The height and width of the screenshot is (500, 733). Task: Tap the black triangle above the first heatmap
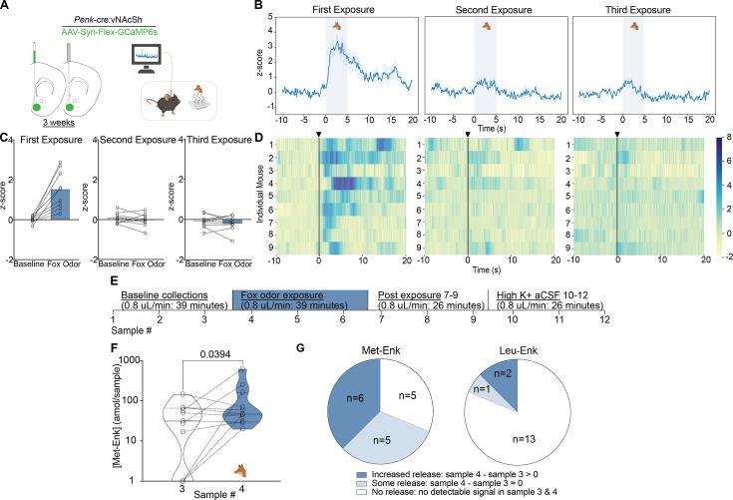tap(319, 133)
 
